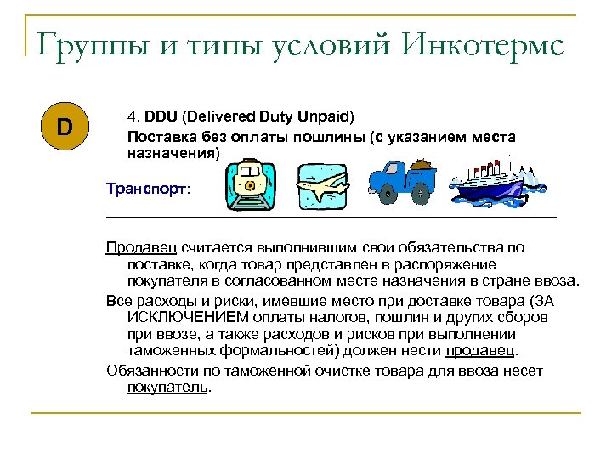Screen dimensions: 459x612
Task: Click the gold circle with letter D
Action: pos(65,128)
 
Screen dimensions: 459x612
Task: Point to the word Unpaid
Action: pos(326,114)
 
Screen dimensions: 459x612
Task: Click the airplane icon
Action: pos(322,185)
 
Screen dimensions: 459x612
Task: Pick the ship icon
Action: pos(494,185)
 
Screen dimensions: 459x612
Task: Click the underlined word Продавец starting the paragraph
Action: pos(141,247)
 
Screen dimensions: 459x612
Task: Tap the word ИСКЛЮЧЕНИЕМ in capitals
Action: pos(184,317)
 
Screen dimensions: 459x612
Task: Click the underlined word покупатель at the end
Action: pos(167,387)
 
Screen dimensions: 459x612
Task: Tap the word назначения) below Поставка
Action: pos(173,154)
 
